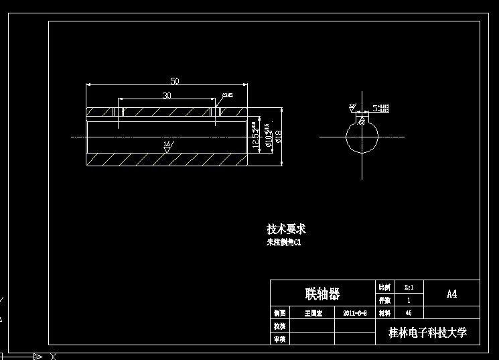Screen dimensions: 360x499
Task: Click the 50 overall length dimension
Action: click(x=174, y=81)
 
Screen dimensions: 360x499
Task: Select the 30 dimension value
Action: click(x=167, y=96)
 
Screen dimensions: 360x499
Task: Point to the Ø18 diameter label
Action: click(x=279, y=137)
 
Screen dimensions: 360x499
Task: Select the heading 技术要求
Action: click(x=286, y=229)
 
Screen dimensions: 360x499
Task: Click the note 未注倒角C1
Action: click(x=284, y=243)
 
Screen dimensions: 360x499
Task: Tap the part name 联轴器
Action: click(x=323, y=294)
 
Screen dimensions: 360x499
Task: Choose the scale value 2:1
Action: click(x=409, y=287)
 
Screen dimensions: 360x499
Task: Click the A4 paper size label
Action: click(x=452, y=294)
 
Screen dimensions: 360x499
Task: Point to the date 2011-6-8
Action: click(x=355, y=313)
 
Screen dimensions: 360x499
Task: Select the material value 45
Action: click(x=409, y=313)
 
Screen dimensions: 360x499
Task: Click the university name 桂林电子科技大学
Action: click(x=427, y=333)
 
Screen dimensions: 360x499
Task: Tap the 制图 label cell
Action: click(x=280, y=313)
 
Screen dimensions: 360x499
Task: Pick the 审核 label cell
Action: click(x=280, y=339)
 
